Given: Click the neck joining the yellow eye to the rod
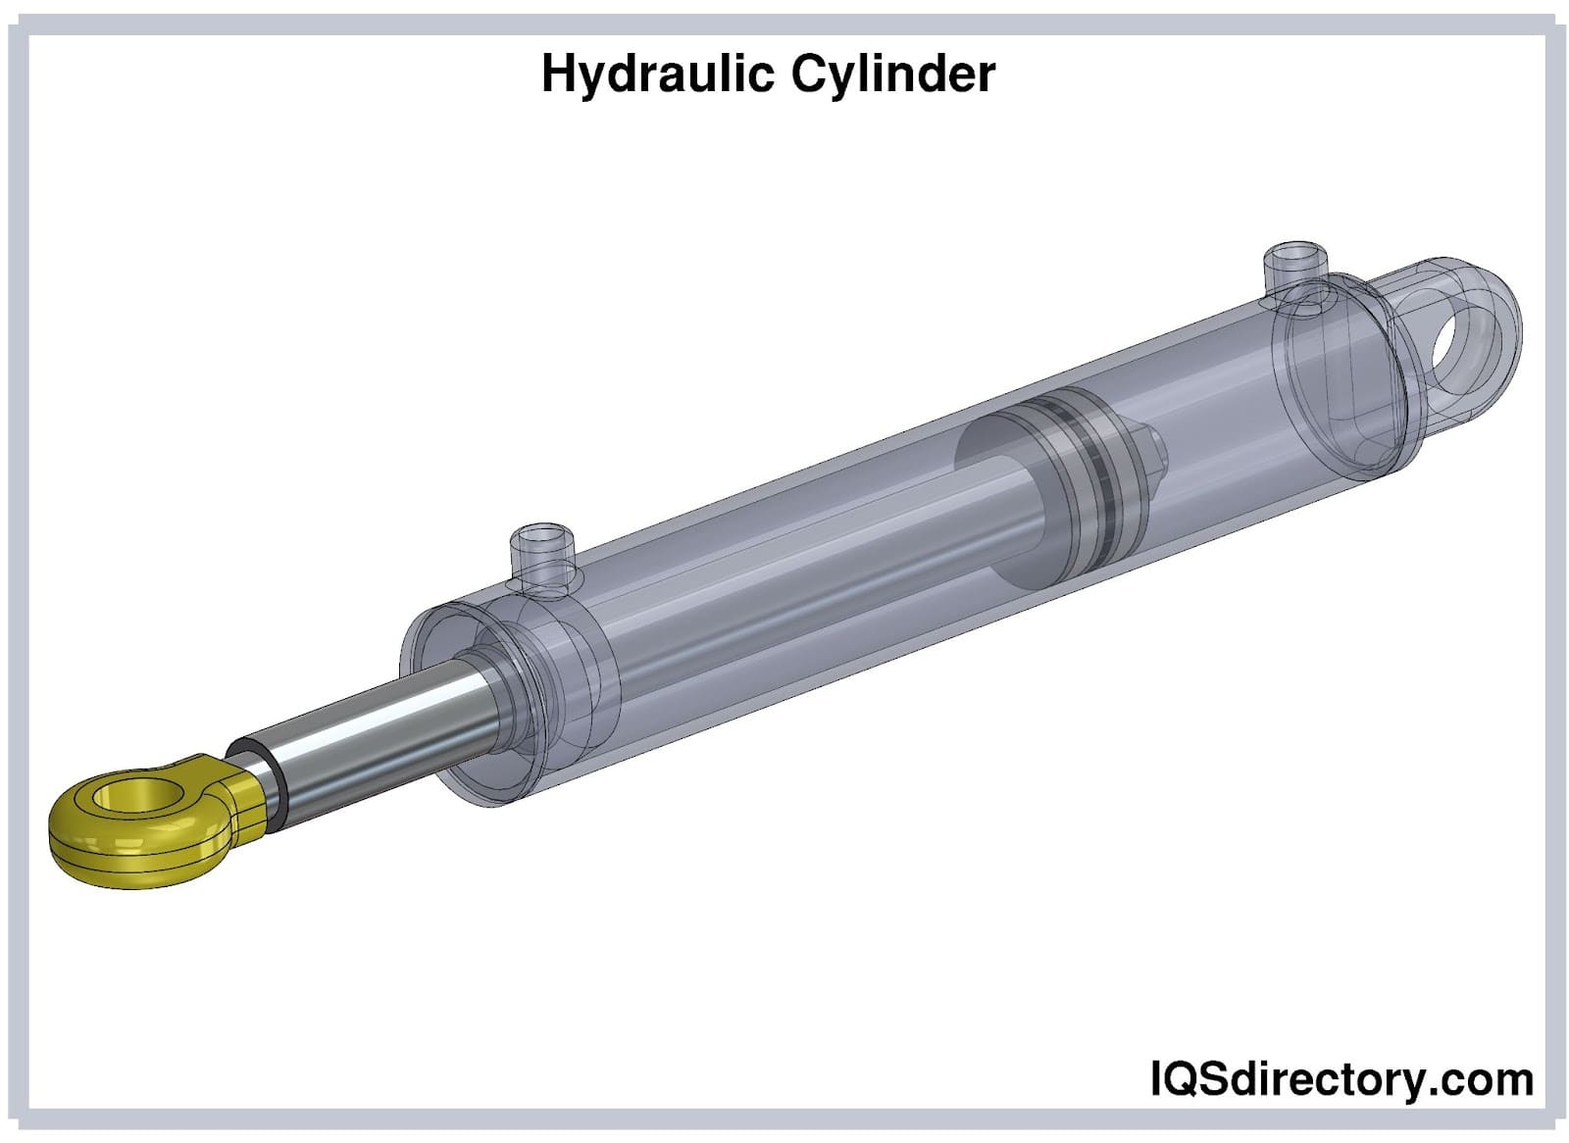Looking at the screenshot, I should [x=245, y=789].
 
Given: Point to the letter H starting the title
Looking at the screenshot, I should [x=556, y=75].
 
